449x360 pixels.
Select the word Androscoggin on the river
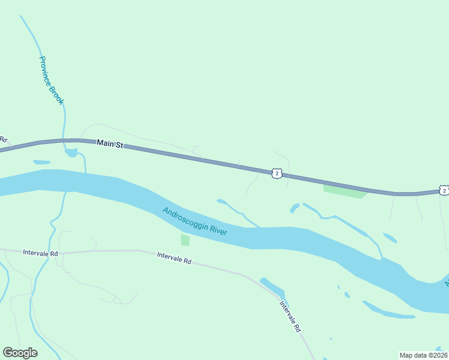click(185, 218)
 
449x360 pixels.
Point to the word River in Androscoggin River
click(219, 230)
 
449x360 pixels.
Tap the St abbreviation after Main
click(119, 145)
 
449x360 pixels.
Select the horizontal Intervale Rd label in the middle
click(174, 260)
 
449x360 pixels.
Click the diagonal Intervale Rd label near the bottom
click(290, 316)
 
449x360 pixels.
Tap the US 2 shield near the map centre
click(276, 173)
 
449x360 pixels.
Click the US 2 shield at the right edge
click(444, 190)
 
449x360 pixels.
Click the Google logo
click(20, 353)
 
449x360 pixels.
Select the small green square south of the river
click(185, 240)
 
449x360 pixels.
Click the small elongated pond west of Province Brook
click(42, 162)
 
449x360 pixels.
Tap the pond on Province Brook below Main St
click(71, 152)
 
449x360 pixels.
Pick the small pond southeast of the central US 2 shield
click(294, 208)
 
